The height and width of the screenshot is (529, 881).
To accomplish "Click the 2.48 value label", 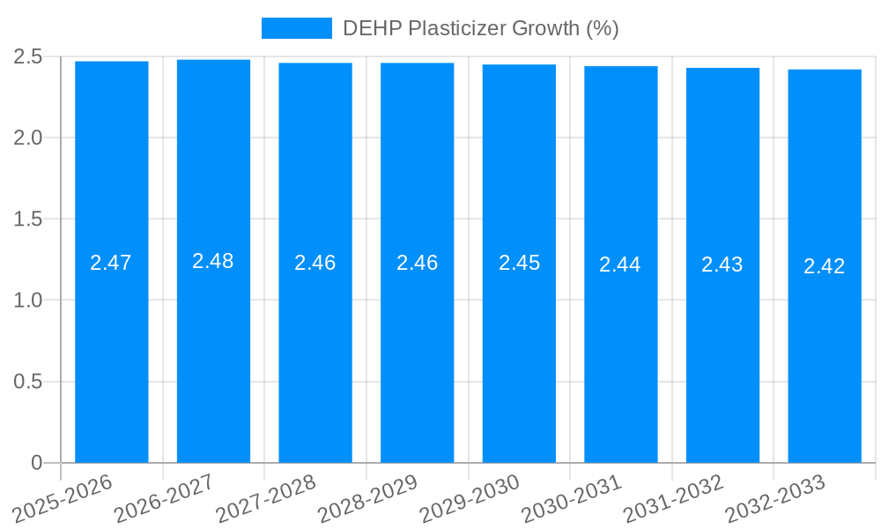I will click(213, 261).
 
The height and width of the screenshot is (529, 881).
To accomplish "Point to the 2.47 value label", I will click(111, 263).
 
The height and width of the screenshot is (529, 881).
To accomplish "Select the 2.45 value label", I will click(519, 263).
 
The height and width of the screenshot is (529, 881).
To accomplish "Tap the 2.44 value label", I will click(620, 264).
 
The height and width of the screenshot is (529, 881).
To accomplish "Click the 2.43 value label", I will click(722, 264).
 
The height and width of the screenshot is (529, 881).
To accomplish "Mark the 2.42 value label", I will click(825, 266).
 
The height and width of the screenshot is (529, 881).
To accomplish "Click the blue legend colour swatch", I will click(296, 28).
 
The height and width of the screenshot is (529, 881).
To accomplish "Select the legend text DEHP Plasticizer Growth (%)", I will click(480, 28).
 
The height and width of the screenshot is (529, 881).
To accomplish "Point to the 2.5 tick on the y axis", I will click(28, 56).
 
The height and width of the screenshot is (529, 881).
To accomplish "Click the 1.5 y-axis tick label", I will click(28, 219).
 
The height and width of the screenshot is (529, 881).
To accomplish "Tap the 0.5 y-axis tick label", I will click(28, 382).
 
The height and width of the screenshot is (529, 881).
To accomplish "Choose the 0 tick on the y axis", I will click(36, 463).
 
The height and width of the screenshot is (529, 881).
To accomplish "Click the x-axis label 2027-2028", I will click(266, 498).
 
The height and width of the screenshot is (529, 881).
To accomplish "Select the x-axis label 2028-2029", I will click(367, 498).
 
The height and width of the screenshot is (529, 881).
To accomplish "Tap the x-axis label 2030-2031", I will click(571, 498).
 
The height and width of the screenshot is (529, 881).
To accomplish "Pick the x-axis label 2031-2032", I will click(673, 498).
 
